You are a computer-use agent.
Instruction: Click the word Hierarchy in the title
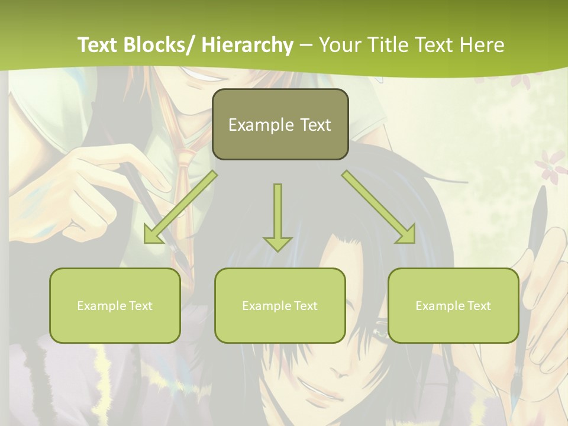247,45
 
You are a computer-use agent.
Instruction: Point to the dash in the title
306,45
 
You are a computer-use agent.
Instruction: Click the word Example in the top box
261,125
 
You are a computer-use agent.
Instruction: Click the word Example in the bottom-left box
101,306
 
